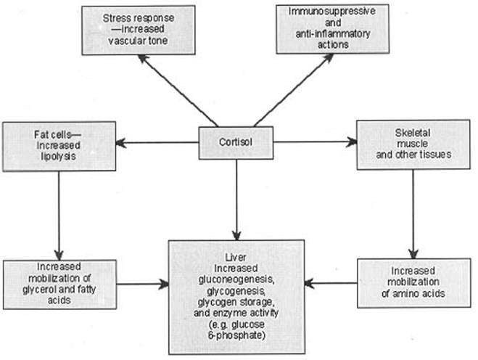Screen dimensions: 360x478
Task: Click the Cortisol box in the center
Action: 236,142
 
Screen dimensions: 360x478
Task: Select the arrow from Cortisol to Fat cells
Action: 157,142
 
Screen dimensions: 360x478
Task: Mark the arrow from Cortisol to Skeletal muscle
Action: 316,142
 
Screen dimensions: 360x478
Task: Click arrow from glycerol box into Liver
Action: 142,282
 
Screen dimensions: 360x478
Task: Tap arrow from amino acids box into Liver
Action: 329,282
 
